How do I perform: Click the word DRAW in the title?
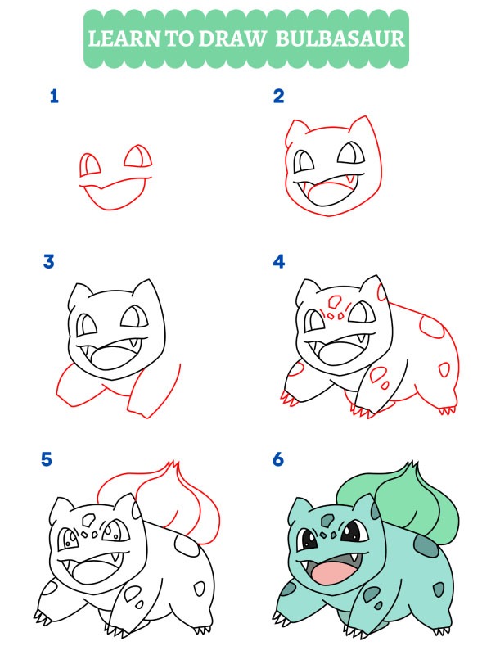pyautogui.click(x=231, y=38)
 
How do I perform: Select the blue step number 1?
pyautogui.click(x=54, y=97)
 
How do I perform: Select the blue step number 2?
pyautogui.click(x=278, y=97)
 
